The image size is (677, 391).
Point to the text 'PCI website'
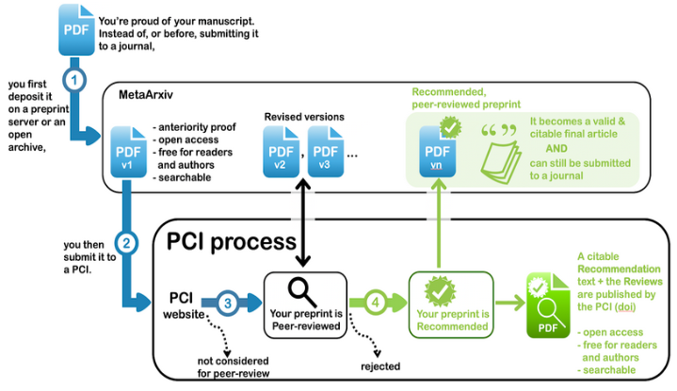185,303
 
